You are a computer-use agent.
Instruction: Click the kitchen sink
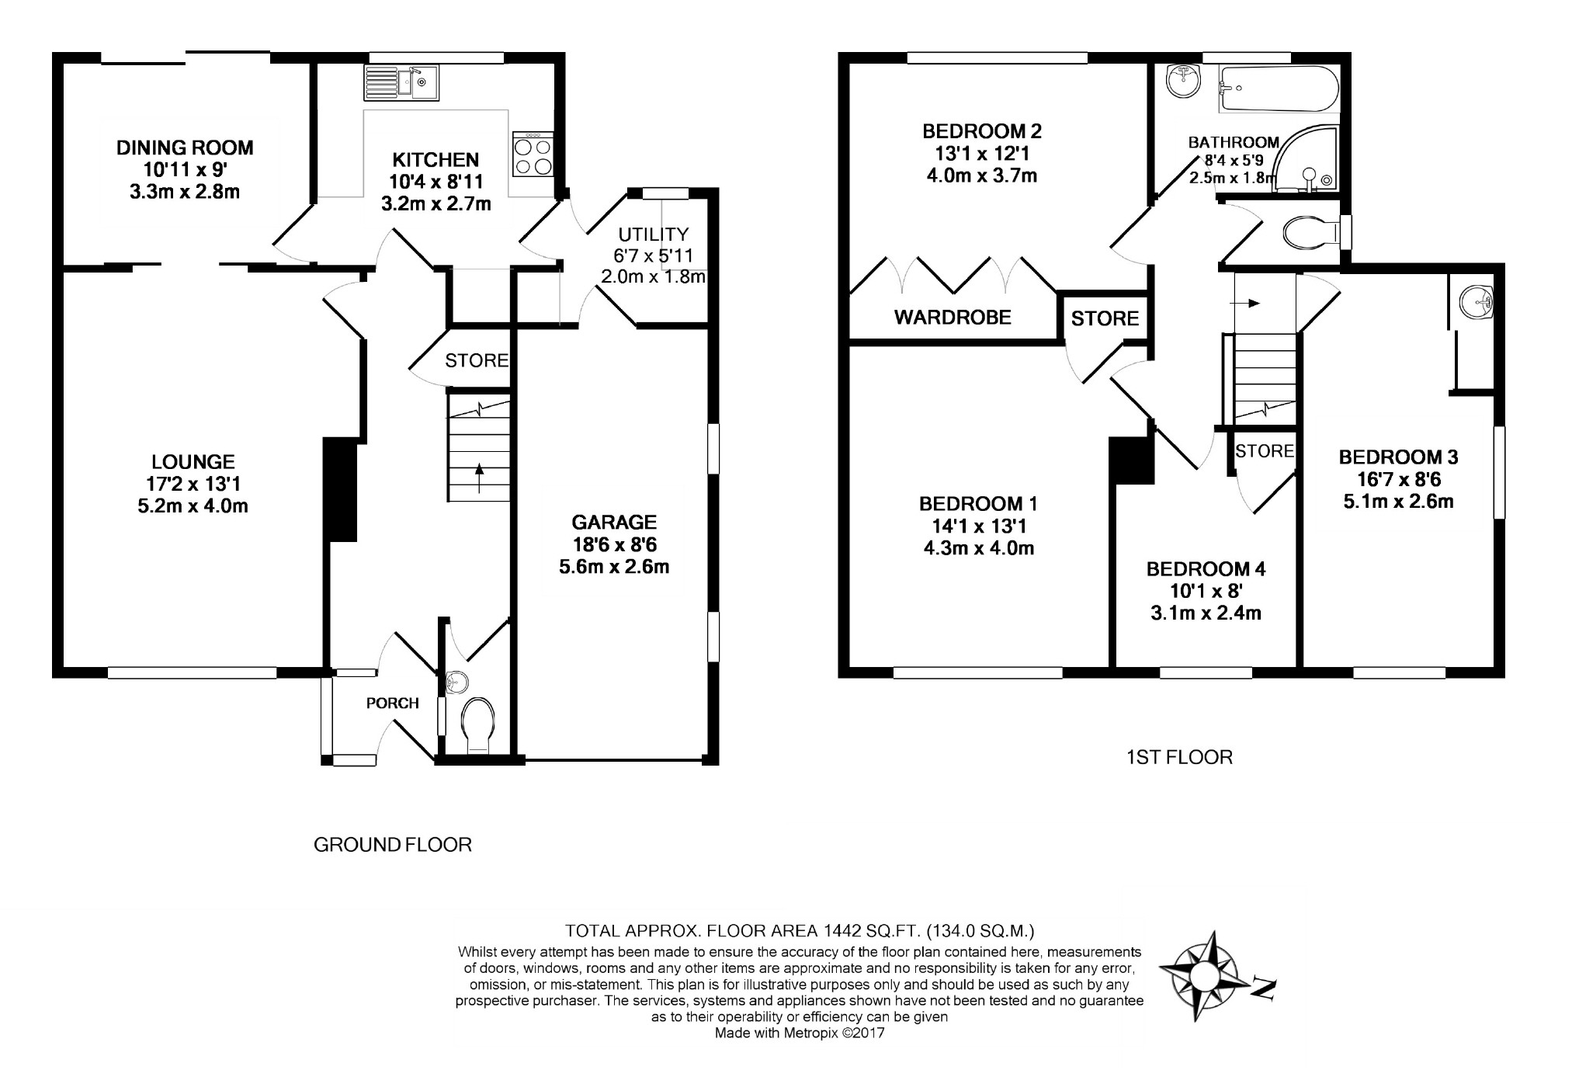click(x=401, y=82)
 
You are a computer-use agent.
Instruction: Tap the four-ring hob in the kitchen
click(x=533, y=155)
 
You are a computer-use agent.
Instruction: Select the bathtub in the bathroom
click(x=1278, y=89)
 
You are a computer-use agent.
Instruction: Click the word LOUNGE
click(x=193, y=462)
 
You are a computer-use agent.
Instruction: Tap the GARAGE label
click(x=614, y=522)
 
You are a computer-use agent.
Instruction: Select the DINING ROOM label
click(x=185, y=147)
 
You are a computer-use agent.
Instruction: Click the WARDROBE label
click(x=953, y=317)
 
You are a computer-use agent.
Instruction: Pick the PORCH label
click(x=393, y=703)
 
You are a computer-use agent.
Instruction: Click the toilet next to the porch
click(x=476, y=725)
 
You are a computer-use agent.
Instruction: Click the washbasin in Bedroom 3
click(x=1475, y=301)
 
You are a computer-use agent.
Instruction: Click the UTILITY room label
click(x=653, y=234)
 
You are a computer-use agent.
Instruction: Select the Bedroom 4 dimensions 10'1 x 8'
click(x=1206, y=591)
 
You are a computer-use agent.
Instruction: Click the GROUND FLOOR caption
click(x=393, y=845)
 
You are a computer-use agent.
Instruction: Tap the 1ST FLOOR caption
click(x=1179, y=757)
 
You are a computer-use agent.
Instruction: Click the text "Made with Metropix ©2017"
click(x=800, y=1034)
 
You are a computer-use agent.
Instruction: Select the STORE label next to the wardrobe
click(x=1105, y=318)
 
